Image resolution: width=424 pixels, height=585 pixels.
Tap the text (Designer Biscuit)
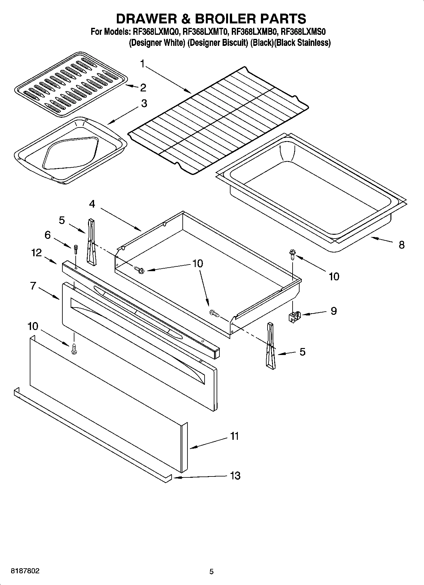[217, 43]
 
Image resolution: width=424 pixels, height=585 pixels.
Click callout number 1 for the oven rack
[142, 64]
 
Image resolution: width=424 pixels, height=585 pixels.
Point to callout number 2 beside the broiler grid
[143, 88]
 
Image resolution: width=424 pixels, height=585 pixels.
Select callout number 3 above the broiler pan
[144, 103]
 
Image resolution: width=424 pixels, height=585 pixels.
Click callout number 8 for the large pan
[402, 245]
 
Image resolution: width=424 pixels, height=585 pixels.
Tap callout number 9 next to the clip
[334, 311]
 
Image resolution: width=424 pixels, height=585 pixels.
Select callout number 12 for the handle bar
[36, 253]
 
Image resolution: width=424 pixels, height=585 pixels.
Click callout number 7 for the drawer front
[33, 286]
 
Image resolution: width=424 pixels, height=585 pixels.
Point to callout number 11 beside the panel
[234, 436]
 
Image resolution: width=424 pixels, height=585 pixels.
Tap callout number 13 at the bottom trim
[235, 476]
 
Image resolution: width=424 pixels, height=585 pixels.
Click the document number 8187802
[25, 571]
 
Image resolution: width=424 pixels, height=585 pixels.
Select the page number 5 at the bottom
[212, 572]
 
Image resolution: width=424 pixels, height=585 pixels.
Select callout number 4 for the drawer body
[92, 204]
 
